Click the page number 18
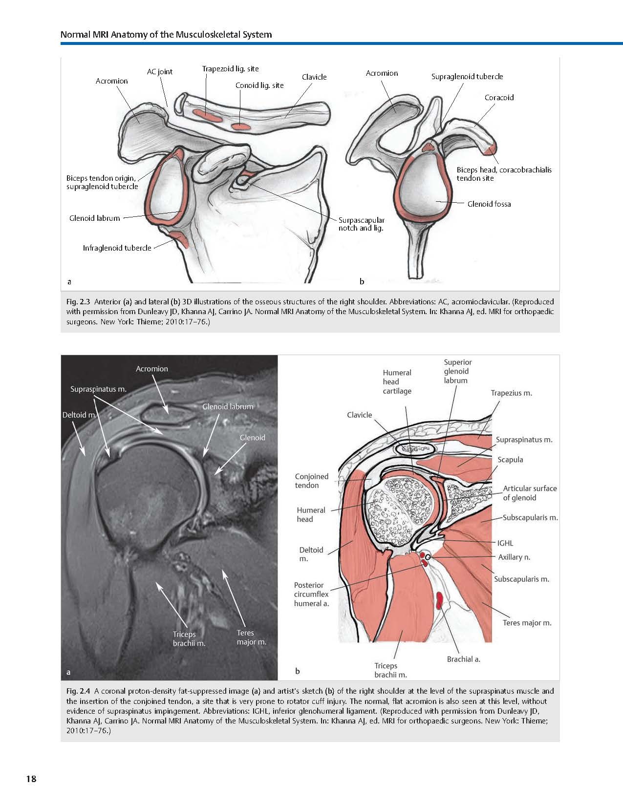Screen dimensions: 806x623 pyautogui.click(x=31, y=779)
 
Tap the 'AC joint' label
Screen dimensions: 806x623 pyautogui.click(x=160, y=72)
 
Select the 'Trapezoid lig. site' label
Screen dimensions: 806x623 pyautogui.click(x=230, y=69)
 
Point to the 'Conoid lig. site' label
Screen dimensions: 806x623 pyautogui.click(x=259, y=85)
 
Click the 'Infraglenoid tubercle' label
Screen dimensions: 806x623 pyautogui.click(x=117, y=248)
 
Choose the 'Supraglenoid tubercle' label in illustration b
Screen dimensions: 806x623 pyautogui.click(x=467, y=77)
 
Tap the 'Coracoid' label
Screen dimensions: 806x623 pyautogui.click(x=499, y=98)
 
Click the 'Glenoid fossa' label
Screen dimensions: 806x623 pyautogui.click(x=489, y=204)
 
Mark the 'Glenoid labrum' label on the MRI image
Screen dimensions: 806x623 pyautogui.click(x=228, y=406)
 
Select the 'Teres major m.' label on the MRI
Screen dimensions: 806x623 pyautogui.click(x=251, y=637)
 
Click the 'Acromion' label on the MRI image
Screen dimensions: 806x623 pyautogui.click(x=151, y=369)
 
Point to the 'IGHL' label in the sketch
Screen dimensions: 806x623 pyautogui.click(x=505, y=543)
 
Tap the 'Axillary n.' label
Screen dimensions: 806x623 pyautogui.click(x=514, y=557)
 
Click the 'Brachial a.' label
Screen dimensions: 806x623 pyautogui.click(x=463, y=659)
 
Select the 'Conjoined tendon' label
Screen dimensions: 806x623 pyautogui.click(x=311, y=481)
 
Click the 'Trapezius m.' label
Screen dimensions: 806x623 pyautogui.click(x=511, y=393)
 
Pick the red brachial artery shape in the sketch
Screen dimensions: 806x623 pyautogui.click(x=440, y=600)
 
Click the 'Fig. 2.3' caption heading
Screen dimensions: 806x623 pyautogui.click(x=78, y=302)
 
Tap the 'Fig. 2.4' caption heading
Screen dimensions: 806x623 pyautogui.click(x=78, y=691)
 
